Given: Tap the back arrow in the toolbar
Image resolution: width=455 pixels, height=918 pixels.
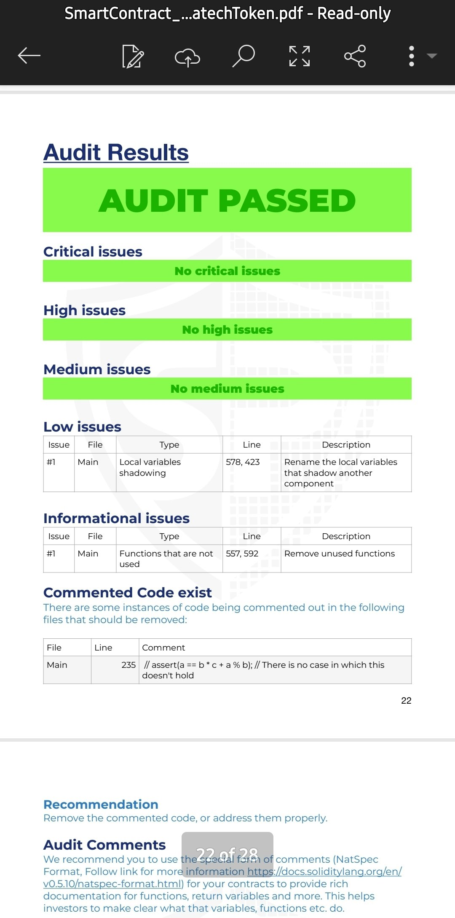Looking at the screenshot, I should (x=29, y=56).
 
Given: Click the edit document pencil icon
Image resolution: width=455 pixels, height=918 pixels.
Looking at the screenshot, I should (x=133, y=56).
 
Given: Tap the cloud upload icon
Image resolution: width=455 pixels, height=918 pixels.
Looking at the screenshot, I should (x=187, y=57).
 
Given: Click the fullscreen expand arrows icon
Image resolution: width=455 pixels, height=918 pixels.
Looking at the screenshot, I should (x=300, y=56).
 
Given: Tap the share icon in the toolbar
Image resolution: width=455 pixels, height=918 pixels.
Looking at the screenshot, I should (x=355, y=56).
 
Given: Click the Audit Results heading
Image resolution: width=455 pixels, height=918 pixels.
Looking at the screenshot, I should (x=116, y=152).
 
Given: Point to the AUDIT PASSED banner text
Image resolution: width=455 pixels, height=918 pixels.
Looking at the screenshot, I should (x=227, y=200).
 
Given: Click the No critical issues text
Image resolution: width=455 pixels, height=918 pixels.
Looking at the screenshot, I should (x=227, y=271).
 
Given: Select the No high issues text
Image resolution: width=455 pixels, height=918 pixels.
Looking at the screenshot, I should (x=227, y=329).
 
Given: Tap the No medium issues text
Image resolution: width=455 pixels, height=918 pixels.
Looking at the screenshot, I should (x=227, y=389).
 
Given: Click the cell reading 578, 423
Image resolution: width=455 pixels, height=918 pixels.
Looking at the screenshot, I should (x=243, y=462).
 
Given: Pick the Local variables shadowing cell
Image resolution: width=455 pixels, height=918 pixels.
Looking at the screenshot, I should (x=150, y=467).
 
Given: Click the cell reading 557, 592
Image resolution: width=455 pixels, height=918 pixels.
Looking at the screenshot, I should (x=242, y=553).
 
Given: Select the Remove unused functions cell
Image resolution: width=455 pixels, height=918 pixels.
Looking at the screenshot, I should (x=340, y=553).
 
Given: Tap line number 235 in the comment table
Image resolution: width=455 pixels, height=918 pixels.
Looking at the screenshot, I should (x=128, y=665).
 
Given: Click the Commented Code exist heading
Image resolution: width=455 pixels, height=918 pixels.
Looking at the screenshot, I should (x=127, y=593).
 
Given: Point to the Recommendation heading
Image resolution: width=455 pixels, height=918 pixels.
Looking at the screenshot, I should (x=101, y=805).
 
